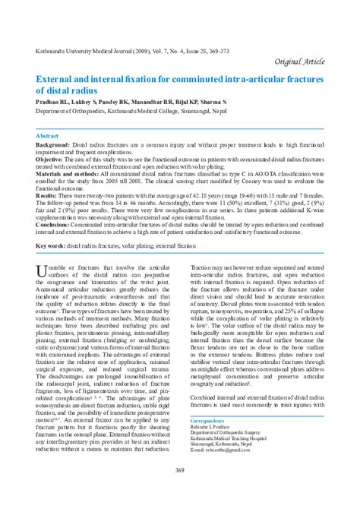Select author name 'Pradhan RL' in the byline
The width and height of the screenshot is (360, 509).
pyautogui.click(x=52, y=101)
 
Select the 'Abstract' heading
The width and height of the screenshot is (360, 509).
pyautogui.click(x=48, y=134)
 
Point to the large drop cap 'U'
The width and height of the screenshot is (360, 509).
pyautogui.click(x=43, y=272)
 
